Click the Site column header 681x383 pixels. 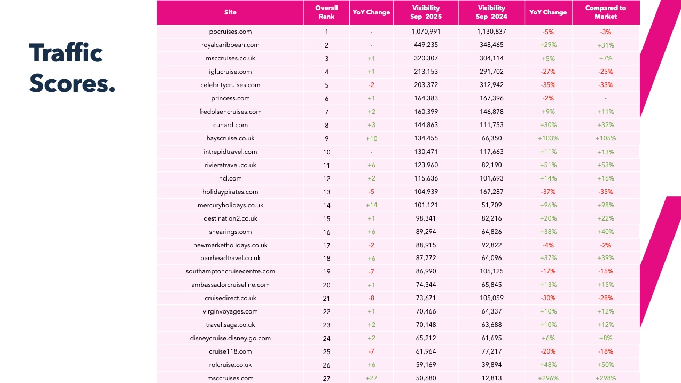point(230,12)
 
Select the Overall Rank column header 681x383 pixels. point(326,12)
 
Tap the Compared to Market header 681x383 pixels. point(605,12)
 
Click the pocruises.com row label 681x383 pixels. point(230,32)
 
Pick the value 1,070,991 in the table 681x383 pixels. point(426,32)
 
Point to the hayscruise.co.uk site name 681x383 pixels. point(230,138)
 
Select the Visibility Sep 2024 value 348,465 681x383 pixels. point(491,45)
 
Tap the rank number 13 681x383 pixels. point(326,192)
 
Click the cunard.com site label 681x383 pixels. point(230,125)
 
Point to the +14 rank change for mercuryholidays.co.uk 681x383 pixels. point(371,205)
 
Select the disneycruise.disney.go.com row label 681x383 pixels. point(230,338)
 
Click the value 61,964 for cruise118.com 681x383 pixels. point(426,351)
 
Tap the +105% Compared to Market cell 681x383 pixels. point(605,138)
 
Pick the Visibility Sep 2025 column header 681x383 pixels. point(426,12)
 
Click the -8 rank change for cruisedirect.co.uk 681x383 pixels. point(371,298)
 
